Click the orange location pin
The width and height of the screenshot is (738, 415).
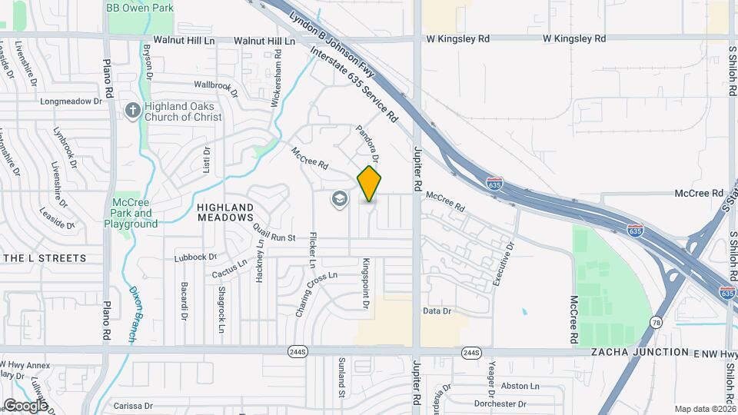coord(369,183)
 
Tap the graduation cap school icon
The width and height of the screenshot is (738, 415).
coord(338,200)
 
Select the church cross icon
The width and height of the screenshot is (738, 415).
coord(133,111)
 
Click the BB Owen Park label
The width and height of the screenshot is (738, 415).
coord(140,8)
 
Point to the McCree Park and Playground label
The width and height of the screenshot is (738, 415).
coord(131,213)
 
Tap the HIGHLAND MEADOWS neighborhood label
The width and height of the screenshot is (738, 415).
coord(225,213)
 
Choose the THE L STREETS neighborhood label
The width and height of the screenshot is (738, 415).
coord(44,258)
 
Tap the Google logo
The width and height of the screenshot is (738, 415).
coord(25,405)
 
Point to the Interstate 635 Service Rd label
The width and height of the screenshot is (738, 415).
coord(354,85)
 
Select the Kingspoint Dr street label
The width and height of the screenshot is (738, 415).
coord(367,284)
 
